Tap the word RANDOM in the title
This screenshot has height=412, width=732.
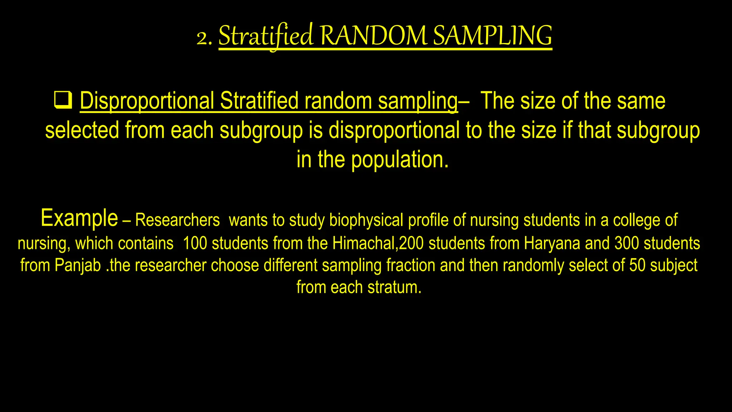373,36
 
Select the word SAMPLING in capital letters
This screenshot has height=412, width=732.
493,36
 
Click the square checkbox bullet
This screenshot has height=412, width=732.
63,100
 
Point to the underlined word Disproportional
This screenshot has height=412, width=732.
147,101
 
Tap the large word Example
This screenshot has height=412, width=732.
79,218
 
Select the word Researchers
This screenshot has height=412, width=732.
177,220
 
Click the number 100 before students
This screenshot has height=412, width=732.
195,244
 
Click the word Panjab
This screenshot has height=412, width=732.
78,266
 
